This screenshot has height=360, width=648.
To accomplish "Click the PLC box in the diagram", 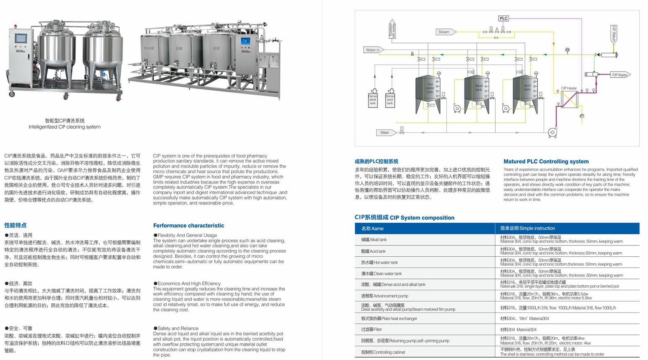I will tap(503, 18).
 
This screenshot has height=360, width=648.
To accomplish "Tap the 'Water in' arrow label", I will tap(373, 50).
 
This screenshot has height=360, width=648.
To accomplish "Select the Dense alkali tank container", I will tap(373, 99).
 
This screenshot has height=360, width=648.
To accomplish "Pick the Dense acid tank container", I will tap(390, 99).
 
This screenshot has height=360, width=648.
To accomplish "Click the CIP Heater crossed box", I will tap(569, 100).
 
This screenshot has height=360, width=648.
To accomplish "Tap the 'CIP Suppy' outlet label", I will tap(620, 75).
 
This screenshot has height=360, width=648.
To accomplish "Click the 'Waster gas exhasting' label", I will tap(392, 29).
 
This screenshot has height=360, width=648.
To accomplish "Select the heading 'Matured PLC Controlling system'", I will tap(546, 161).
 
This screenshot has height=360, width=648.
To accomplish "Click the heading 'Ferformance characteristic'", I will tap(188, 226).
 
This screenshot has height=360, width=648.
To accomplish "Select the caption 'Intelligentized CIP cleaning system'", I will tap(64, 127).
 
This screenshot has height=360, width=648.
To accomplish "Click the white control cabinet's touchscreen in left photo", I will tap(21, 39).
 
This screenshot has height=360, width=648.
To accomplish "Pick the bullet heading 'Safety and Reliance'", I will tap(178, 328).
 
